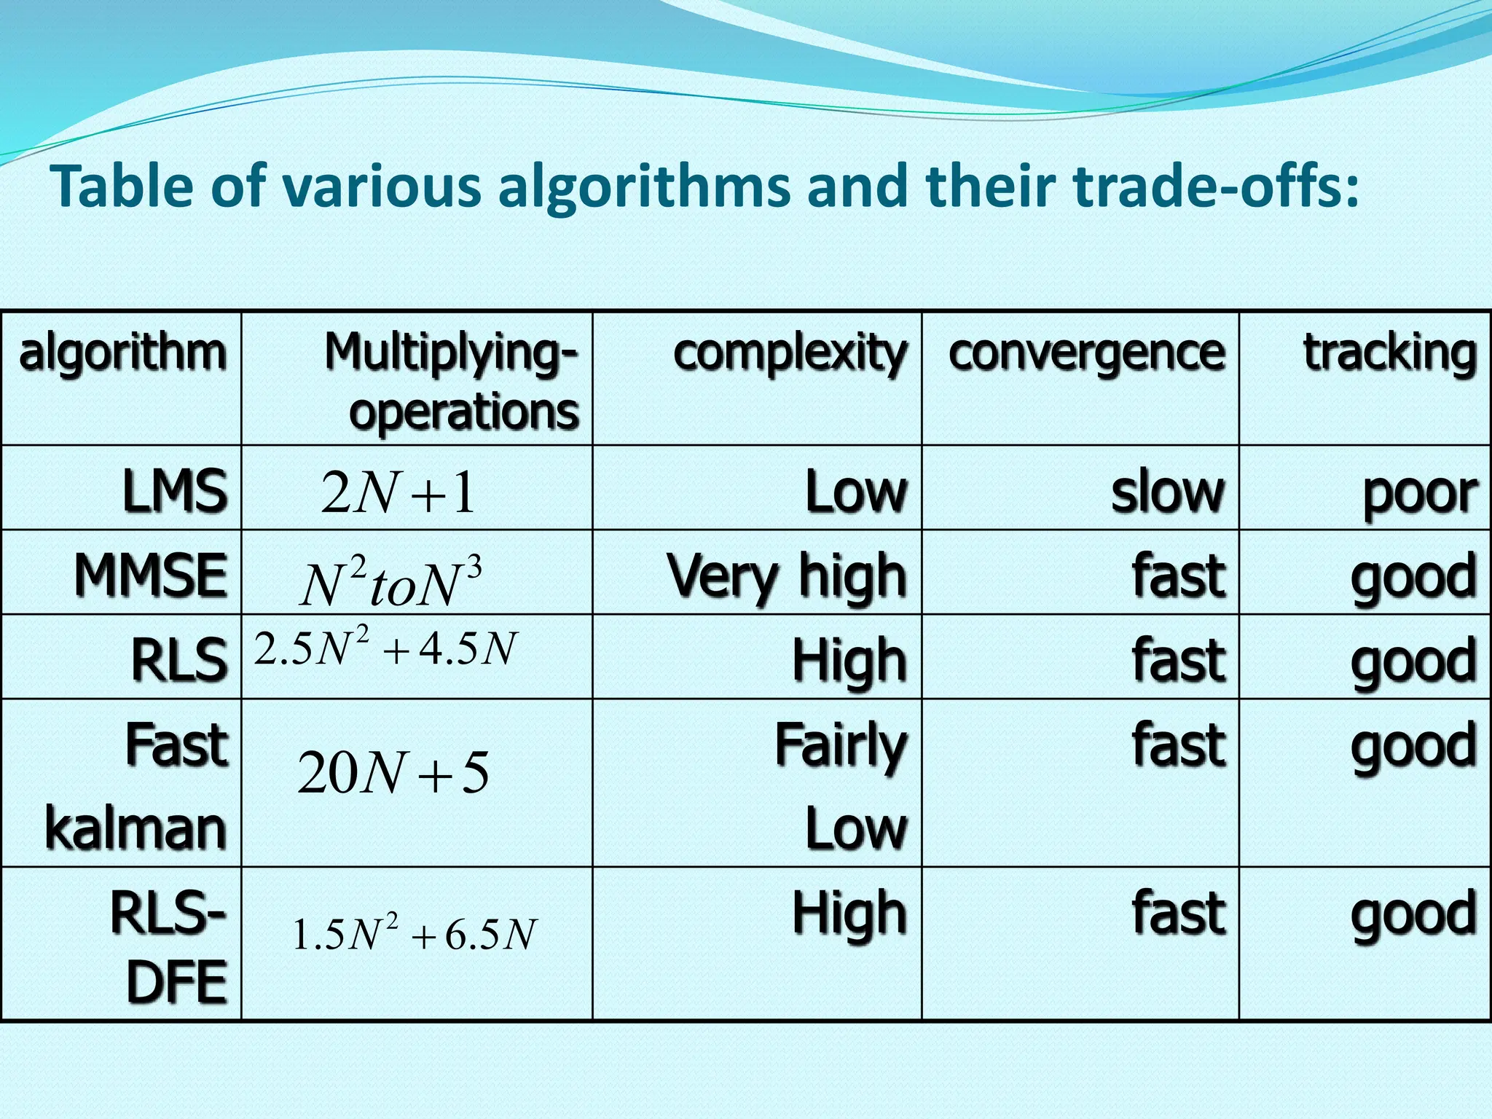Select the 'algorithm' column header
point(122,353)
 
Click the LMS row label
point(174,491)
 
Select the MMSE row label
point(150,576)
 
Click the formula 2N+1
point(398,493)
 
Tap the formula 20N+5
point(393,773)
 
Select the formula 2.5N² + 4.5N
point(385,648)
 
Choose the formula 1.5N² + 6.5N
point(414,934)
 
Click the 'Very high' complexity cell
point(787,576)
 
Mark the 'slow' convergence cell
point(1167,492)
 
